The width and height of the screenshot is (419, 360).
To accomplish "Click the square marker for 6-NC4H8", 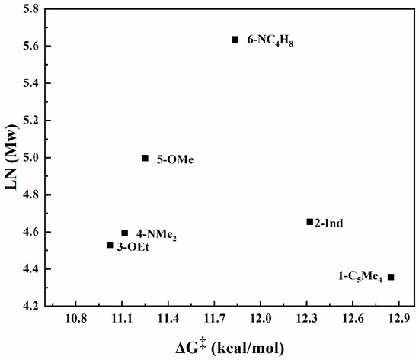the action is click(235, 40).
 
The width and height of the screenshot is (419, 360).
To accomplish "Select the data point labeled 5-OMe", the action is click(145, 158).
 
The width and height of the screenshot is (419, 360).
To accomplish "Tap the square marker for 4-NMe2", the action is click(124, 233).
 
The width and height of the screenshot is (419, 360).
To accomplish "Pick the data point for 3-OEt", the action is click(110, 245).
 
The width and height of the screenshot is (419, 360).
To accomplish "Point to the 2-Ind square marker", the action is click(310, 222).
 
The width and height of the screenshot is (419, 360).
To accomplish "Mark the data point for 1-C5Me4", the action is click(391, 277).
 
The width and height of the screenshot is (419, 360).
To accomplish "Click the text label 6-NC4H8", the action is click(270, 41).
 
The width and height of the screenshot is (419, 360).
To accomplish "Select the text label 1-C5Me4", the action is click(360, 277).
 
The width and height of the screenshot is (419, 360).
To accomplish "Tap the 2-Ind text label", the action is click(328, 223).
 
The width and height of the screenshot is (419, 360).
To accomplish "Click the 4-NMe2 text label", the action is click(157, 235).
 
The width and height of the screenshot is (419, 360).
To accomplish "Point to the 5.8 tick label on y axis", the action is click(30, 9).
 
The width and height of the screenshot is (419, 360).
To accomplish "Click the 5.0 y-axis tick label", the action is click(30, 158).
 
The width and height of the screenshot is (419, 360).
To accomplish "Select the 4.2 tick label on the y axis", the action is click(30, 306).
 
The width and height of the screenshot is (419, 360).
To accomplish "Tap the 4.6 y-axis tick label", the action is click(30, 232).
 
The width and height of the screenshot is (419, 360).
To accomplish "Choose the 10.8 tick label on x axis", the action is click(76, 318).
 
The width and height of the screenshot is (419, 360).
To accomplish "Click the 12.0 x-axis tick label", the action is click(261, 318).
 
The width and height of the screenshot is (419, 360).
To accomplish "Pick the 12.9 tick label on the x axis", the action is click(398, 318).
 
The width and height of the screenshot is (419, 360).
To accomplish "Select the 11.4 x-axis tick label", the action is click(168, 318).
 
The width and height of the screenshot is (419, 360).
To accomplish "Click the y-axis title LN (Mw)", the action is click(11, 157).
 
